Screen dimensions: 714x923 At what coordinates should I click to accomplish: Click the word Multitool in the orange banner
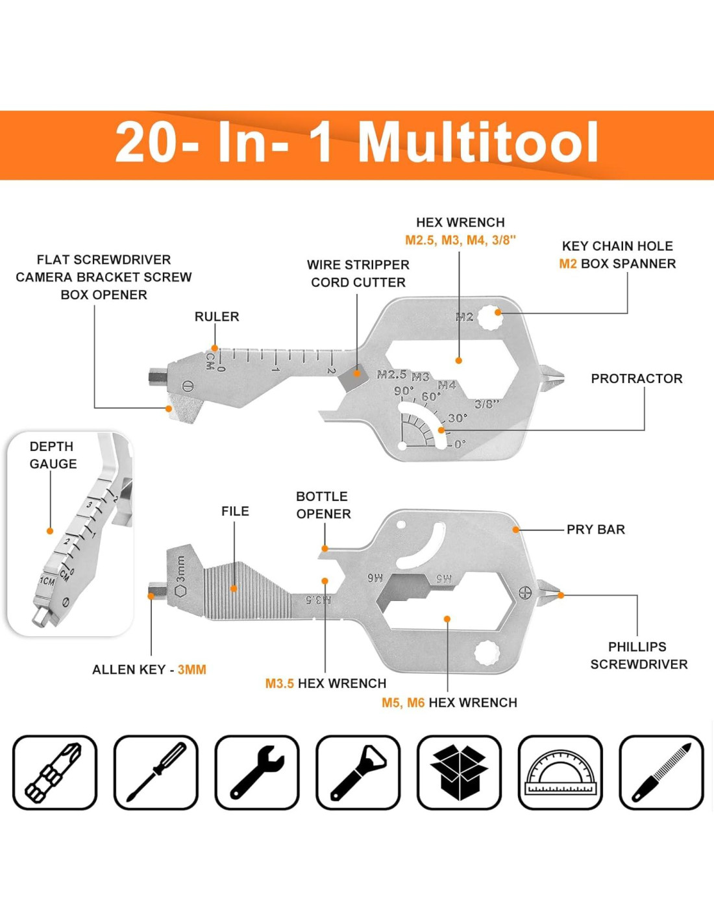pyautogui.click(x=478, y=142)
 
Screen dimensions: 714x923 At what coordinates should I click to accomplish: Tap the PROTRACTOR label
pyautogui.click(x=636, y=378)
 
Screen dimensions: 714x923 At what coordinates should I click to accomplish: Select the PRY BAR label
pyautogui.click(x=595, y=529)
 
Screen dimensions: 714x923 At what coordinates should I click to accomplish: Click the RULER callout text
pyautogui.click(x=217, y=317)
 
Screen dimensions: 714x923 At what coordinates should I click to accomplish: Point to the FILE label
pyautogui.click(x=235, y=511)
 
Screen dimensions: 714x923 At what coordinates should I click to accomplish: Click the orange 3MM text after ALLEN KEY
pyautogui.click(x=191, y=669)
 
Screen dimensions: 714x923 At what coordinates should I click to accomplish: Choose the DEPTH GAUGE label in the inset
pyautogui.click(x=53, y=455)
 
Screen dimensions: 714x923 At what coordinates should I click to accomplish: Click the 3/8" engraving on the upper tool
pyautogui.click(x=487, y=404)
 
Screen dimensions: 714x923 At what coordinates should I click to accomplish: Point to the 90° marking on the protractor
pyautogui.click(x=404, y=390)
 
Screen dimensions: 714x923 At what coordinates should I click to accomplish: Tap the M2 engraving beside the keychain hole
pyautogui.click(x=464, y=317)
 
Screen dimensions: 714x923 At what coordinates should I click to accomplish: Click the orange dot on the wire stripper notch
pyautogui.click(x=357, y=374)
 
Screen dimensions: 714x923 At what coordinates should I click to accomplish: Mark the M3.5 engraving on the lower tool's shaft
pyautogui.click(x=319, y=599)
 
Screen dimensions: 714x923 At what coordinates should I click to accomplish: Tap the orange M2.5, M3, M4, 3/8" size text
pyautogui.click(x=460, y=240)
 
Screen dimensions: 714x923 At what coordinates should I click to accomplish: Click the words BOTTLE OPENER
pyautogui.click(x=323, y=505)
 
